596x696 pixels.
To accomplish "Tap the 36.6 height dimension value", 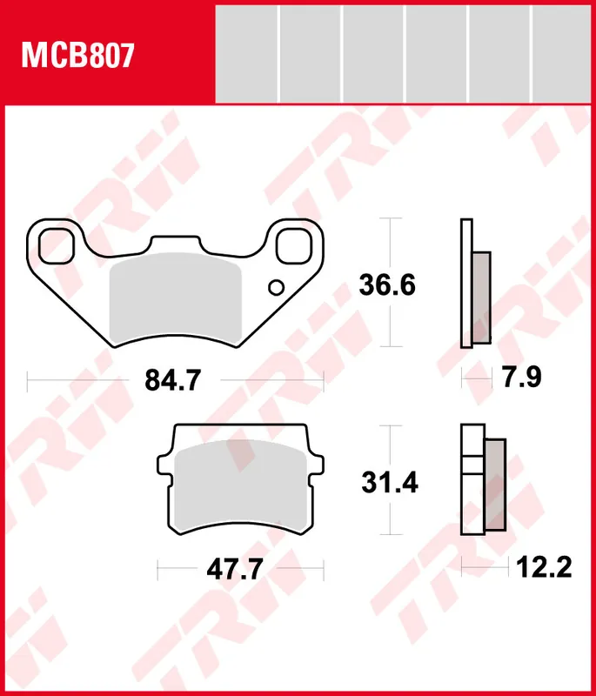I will [389, 284].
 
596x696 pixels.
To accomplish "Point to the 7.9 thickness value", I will [523, 378].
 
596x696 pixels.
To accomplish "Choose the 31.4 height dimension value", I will [389, 482].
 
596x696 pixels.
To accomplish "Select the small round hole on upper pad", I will [276, 287].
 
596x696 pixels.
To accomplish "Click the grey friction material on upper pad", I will [177, 296].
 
